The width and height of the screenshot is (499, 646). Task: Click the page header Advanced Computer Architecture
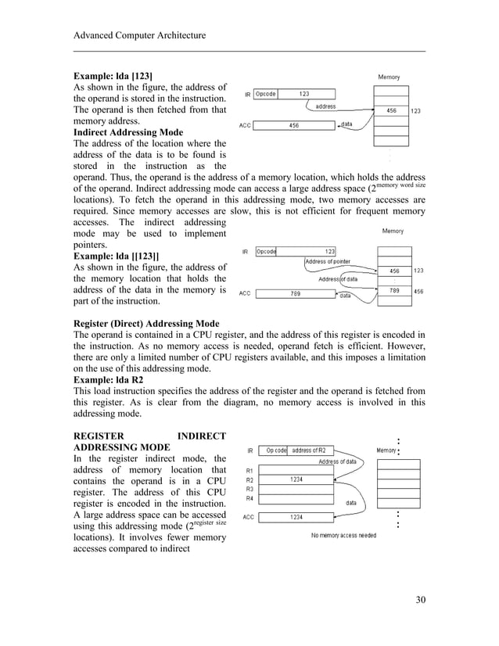[139, 36]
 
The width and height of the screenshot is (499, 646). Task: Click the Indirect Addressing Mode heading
[128, 132]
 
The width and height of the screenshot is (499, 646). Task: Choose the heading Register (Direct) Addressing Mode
[145, 324]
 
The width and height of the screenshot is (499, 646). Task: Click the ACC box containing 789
[296, 294]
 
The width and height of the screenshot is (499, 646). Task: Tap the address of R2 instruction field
[312, 450]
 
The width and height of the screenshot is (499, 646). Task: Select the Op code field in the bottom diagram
[275, 450]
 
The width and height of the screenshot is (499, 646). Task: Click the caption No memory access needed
[343, 536]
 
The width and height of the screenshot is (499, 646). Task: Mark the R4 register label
[249, 497]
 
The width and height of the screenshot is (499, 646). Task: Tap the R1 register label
[249, 470]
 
